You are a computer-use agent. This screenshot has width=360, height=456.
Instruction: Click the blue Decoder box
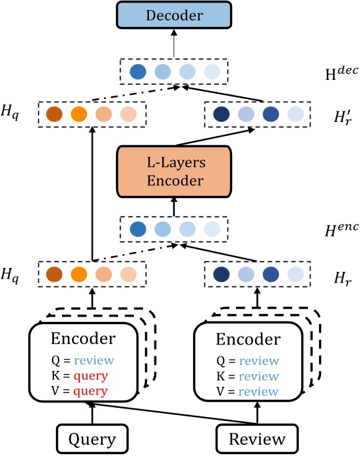point(174,16)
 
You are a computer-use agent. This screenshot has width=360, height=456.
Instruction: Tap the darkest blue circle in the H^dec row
point(138,71)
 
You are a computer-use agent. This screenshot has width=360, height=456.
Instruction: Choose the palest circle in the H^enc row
point(211,229)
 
